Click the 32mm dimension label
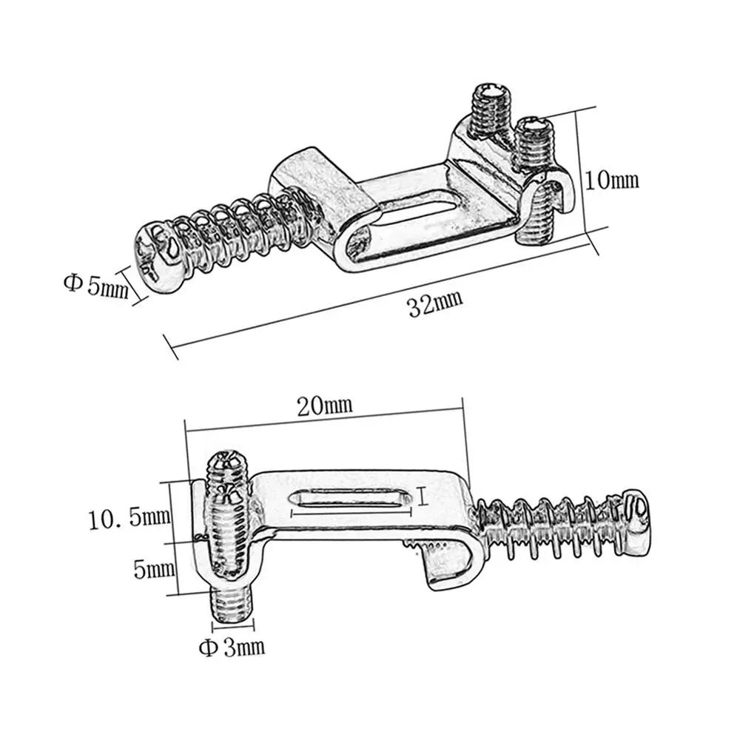tap(435, 304)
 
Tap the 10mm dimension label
tap(610, 180)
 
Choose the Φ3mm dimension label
tap(231, 648)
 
